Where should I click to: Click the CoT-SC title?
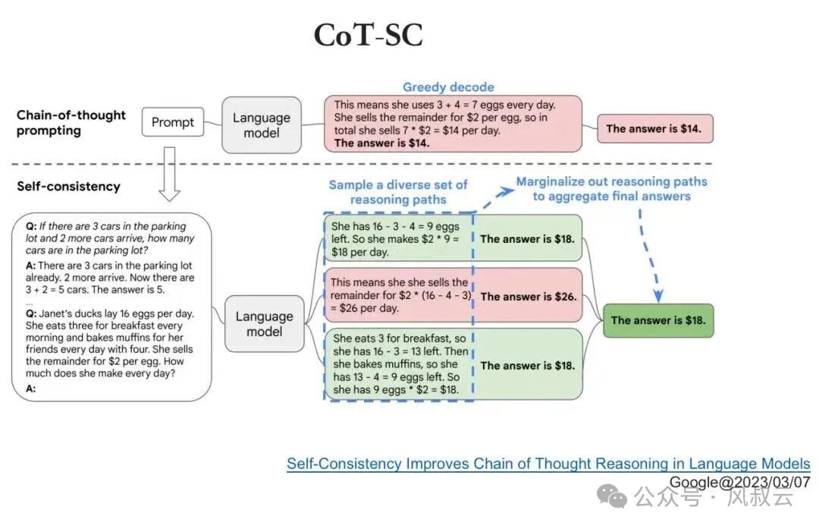pos(369,35)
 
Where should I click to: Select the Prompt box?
pos(173,121)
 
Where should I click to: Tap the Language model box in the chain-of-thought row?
pos(262,125)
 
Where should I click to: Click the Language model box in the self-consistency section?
pos(265,323)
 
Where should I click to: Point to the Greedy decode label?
pos(448,87)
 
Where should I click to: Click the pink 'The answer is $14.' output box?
pos(655,128)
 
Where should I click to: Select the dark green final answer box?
pos(658,320)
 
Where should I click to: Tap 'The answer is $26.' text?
pos(529,297)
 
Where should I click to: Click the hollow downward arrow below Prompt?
pos(169,174)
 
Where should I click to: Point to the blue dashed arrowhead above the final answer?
pos(658,296)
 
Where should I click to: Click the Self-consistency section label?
pos(68,187)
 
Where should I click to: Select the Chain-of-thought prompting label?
pos(71,122)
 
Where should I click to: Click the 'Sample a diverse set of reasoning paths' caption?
pos(398,192)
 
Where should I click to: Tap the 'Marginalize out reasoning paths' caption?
pos(612,181)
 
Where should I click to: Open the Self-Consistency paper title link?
pos(548,464)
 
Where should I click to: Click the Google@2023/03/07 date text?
pos(739,482)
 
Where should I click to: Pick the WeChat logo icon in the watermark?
pos(612,496)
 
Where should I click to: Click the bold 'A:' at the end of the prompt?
pos(31,389)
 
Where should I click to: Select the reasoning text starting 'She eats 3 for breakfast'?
pos(400,364)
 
